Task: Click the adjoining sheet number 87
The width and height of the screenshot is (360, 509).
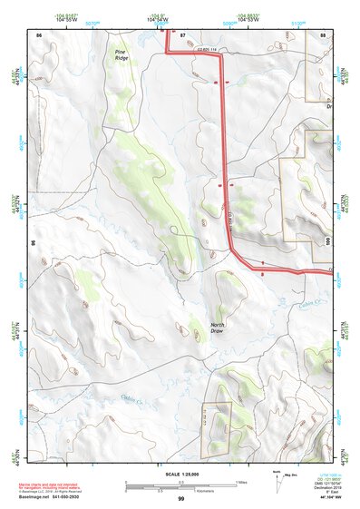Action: [x=182, y=34]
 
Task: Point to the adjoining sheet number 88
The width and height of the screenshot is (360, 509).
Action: [x=323, y=34]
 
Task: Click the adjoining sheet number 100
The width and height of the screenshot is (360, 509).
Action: [x=327, y=240]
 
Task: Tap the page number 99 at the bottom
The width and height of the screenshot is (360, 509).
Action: [x=180, y=499]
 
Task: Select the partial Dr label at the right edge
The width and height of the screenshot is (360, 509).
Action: [x=330, y=105]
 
